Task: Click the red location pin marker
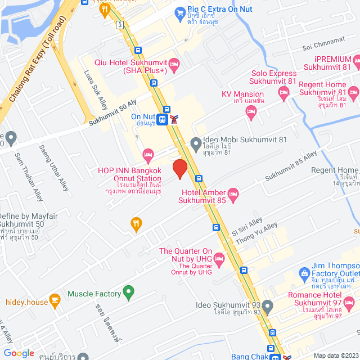179,169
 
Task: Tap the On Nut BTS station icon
162,119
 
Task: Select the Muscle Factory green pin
129,293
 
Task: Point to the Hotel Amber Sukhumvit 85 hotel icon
233,194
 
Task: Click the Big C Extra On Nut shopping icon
180,11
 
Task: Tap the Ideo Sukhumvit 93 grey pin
268,308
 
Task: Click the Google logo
19,353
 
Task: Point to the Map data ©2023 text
335,355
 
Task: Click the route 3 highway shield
120,25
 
